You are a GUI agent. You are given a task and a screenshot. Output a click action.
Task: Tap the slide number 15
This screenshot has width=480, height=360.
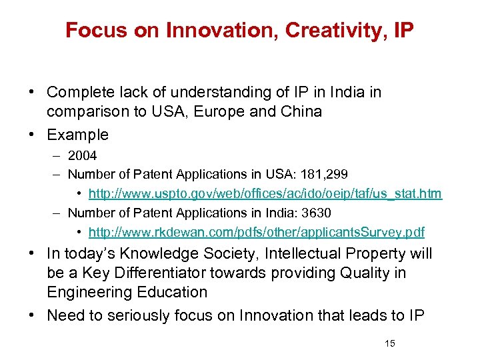tap(390, 343)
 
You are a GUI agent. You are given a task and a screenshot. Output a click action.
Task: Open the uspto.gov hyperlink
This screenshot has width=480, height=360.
tap(265, 193)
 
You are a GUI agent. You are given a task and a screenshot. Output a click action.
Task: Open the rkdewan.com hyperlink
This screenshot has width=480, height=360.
tap(256, 232)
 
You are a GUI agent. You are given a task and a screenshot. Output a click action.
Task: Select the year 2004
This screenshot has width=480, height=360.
tap(82, 155)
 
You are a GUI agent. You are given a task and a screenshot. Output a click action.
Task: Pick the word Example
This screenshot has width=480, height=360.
tap(77, 135)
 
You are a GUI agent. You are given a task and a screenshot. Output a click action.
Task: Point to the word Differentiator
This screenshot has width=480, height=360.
tap(141, 273)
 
